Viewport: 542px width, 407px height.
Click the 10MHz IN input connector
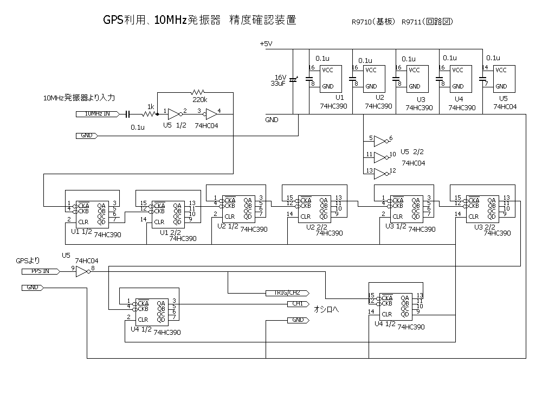(97, 114)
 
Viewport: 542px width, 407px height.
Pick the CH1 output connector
(298, 304)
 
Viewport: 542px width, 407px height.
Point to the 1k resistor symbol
(149, 114)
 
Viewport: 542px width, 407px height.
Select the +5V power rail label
(266, 44)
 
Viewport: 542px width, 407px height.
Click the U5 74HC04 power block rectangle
(504, 78)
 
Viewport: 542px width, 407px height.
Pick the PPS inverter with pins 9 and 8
(81, 271)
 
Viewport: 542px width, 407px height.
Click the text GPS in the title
(113, 21)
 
